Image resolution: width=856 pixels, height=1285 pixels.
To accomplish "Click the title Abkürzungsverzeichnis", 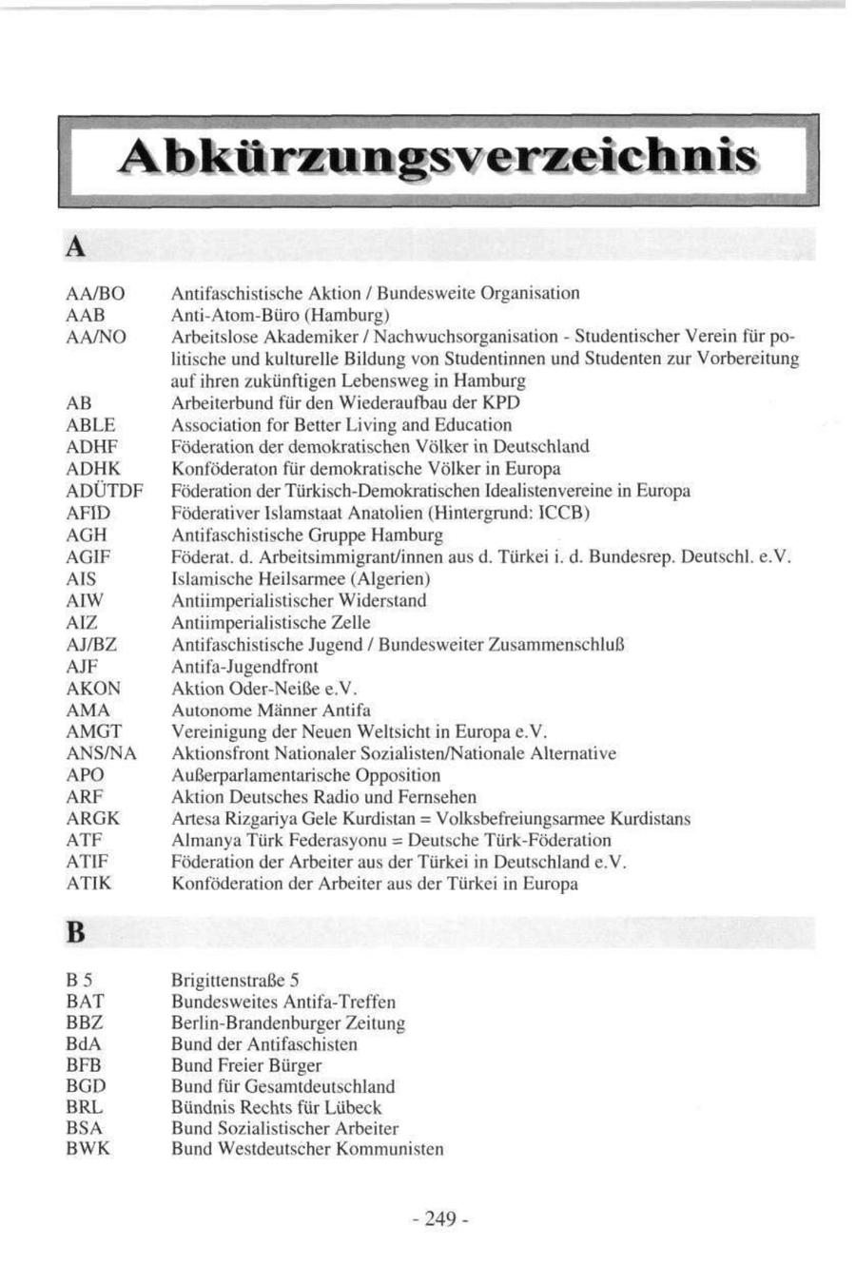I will (438, 158).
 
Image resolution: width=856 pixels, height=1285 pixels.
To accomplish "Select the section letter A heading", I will (76, 247).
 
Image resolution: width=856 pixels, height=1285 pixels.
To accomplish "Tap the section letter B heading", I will (76, 933).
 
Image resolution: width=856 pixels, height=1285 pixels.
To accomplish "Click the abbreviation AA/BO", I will (96, 293).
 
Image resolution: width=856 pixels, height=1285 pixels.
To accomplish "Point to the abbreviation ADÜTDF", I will (105, 491).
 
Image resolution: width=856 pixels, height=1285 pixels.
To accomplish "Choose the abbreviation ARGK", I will (93, 819).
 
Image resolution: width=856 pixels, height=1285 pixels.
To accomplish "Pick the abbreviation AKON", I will (93, 689).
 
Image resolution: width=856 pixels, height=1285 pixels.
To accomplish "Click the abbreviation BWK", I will (88, 1149).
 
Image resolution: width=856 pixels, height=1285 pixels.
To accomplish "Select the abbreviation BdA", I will (84, 1044).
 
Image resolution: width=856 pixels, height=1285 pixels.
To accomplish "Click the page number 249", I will (440, 1219).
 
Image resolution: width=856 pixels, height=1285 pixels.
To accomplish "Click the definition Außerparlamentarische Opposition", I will (305, 775).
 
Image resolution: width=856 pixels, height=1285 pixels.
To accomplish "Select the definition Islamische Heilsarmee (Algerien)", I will (301, 578).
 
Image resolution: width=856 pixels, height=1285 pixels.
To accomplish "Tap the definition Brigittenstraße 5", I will (236, 981).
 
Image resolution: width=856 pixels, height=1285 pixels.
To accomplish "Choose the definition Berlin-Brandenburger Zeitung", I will (288, 1023).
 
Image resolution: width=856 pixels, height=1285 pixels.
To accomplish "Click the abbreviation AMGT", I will (94, 731).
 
